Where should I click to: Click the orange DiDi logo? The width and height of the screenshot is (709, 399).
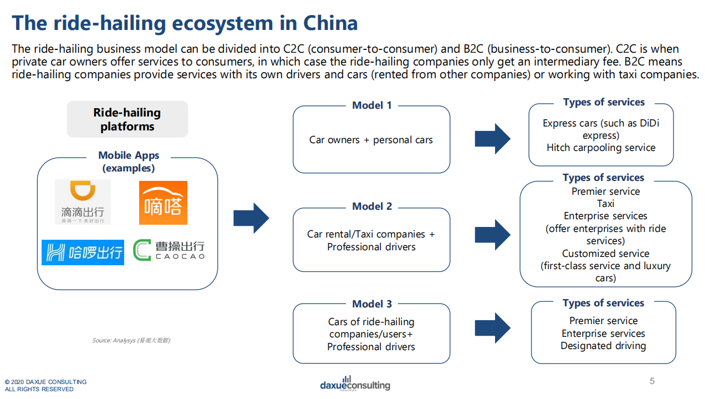(x=83, y=202)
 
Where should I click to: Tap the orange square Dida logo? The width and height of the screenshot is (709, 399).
(x=163, y=203)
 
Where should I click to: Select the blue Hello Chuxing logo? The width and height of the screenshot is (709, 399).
(x=83, y=252)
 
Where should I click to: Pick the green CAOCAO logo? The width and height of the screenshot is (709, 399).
(x=169, y=250)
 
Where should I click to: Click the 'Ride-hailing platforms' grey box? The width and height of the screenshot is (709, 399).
(x=127, y=119)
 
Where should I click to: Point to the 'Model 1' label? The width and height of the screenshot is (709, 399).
(x=372, y=105)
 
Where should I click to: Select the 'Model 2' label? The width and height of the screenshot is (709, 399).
(x=372, y=206)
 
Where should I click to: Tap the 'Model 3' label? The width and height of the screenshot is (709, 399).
(x=372, y=304)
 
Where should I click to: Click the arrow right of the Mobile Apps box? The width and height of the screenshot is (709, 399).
(x=251, y=218)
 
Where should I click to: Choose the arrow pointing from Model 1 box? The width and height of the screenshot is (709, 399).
(x=492, y=139)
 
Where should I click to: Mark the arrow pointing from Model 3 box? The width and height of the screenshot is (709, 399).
(x=492, y=328)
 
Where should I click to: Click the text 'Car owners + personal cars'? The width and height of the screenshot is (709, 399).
(x=371, y=140)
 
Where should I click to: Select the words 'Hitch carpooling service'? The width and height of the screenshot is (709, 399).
(x=601, y=148)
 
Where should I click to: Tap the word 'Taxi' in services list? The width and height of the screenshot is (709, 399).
(x=605, y=204)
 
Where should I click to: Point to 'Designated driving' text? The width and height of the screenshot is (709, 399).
(x=603, y=346)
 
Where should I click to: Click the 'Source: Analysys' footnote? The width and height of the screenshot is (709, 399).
(x=131, y=340)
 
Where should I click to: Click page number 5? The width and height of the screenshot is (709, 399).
(x=652, y=381)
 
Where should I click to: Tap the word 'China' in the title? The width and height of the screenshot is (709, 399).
(x=330, y=23)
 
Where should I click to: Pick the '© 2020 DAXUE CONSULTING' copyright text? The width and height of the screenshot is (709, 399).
(x=45, y=382)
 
